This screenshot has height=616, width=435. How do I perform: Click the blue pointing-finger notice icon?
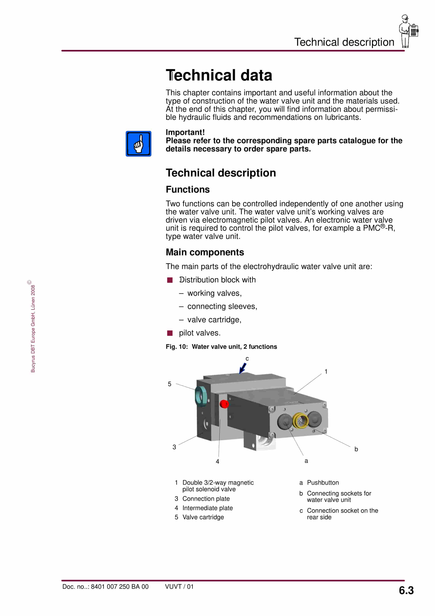138,144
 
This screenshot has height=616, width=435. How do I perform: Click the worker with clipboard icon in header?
408,31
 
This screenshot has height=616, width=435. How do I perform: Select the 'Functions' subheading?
188,189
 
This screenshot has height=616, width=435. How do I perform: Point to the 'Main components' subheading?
205,252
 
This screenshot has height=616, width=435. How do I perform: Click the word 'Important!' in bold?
185,132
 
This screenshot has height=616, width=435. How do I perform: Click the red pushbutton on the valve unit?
224,404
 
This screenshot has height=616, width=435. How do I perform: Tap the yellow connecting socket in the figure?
300,421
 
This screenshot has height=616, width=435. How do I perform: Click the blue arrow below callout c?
243,368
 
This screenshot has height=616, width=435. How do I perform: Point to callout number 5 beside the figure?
169,384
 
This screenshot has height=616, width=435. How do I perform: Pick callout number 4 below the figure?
217,461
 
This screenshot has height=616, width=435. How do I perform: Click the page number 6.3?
406,591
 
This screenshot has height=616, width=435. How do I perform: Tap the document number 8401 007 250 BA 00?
119,587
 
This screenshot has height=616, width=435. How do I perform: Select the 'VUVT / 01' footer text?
179,587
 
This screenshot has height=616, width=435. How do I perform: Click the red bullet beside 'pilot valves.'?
170,333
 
